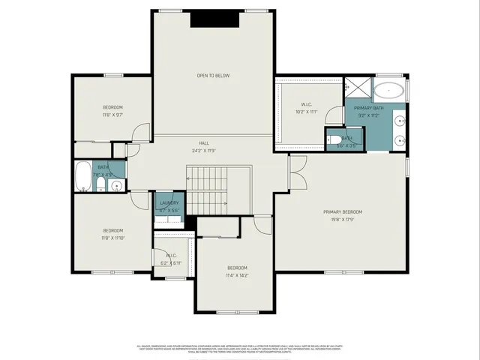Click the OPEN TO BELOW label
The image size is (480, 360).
pos(212,76)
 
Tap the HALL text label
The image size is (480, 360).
pos(203,142)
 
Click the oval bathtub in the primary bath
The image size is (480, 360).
pos(388,92)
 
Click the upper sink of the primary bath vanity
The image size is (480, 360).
pos(400,120)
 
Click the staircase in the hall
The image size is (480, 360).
pos(207,191)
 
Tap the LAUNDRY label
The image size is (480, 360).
pos(169,202)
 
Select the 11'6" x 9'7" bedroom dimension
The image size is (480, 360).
pos(112,115)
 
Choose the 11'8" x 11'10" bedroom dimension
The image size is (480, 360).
pos(112,238)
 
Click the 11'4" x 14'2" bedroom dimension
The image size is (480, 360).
pos(237,276)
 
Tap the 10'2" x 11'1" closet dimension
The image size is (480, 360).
pos(306,112)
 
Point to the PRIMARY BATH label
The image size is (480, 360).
pos(369,108)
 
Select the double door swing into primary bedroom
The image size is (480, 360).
pos(298,171)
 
